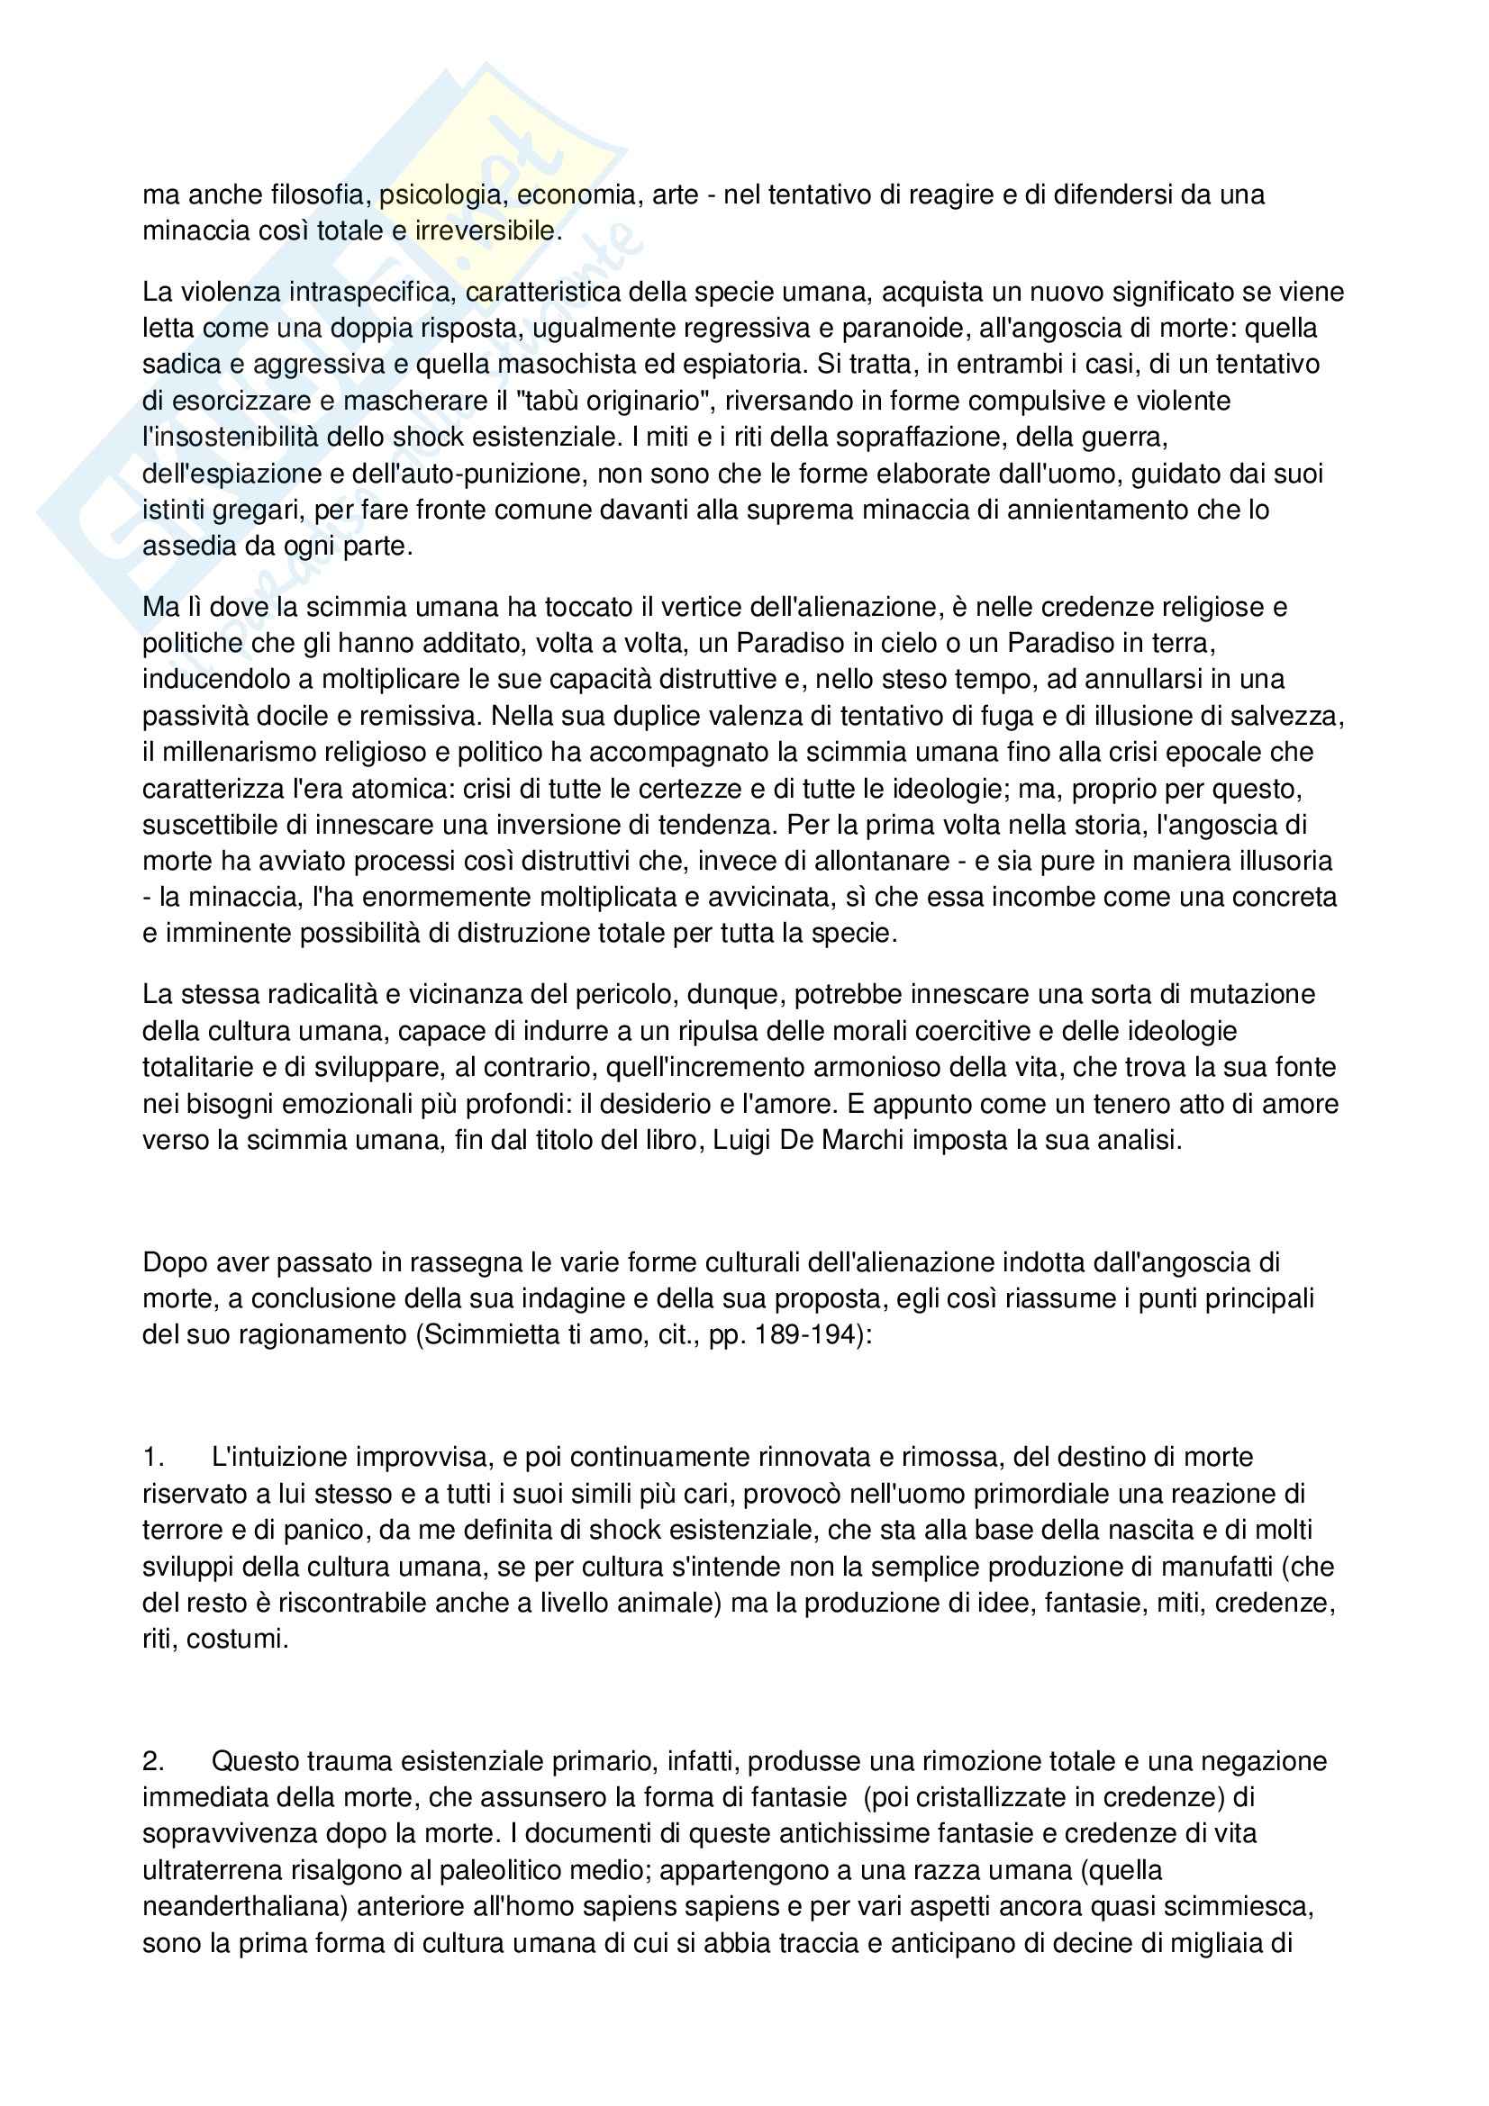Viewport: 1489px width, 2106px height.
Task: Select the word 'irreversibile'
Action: (x=486, y=230)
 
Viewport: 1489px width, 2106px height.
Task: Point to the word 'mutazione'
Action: (x=1250, y=994)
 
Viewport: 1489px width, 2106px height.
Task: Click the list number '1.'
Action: (x=153, y=1457)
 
